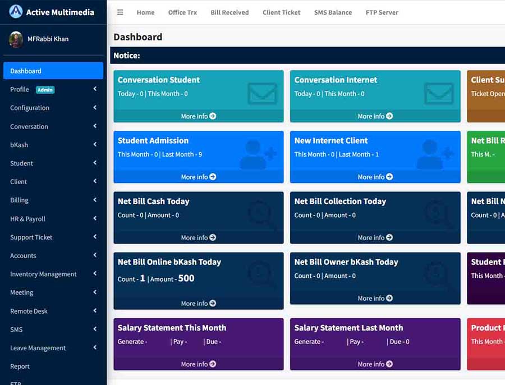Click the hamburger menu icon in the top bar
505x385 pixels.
click(120, 12)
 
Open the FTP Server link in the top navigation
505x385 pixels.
click(382, 12)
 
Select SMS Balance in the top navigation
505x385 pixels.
click(333, 12)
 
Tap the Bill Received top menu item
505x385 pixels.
click(229, 12)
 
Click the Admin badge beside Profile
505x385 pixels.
click(45, 90)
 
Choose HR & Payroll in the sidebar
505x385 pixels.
click(27, 219)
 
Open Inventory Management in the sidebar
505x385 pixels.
click(43, 274)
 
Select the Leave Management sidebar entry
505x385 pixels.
click(38, 348)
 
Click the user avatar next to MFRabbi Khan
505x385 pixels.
click(16, 39)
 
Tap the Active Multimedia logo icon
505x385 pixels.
click(16, 12)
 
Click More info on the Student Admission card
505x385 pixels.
click(199, 177)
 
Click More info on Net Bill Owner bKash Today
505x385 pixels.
click(375, 299)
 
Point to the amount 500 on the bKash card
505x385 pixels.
click(186, 278)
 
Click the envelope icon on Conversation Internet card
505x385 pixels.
click(439, 93)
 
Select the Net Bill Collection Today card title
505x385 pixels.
click(340, 201)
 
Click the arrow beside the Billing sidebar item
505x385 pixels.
click(95, 200)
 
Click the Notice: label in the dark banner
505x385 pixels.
click(127, 56)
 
